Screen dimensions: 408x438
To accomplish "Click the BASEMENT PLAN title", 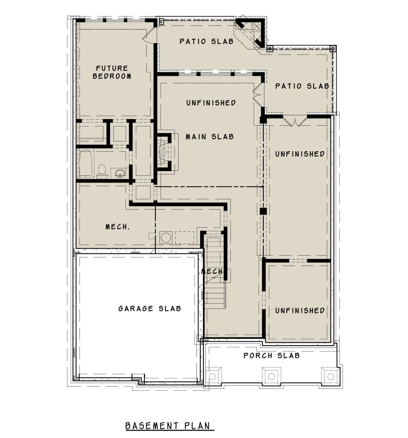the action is (168, 426).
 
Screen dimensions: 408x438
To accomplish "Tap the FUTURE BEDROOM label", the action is (112, 72).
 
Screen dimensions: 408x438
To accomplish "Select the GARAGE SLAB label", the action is (150, 309).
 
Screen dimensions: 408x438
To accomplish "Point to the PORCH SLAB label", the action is (271, 355).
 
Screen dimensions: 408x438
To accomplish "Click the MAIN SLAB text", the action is (210, 137).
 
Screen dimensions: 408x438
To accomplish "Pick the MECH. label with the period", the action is (117, 226).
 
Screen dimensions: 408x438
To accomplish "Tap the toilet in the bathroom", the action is (102, 171).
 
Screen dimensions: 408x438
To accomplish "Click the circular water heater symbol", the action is (166, 238).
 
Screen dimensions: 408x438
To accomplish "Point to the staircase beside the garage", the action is (215, 272).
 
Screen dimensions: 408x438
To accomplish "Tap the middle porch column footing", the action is (271, 376).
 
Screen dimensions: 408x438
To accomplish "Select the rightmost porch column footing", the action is (330, 376).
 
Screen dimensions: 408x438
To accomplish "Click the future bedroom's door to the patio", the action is (149, 35).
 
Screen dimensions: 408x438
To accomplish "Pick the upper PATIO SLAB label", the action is (206, 41).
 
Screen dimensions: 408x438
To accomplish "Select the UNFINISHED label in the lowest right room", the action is (300, 311).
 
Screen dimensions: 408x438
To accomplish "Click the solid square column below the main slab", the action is (263, 211).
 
